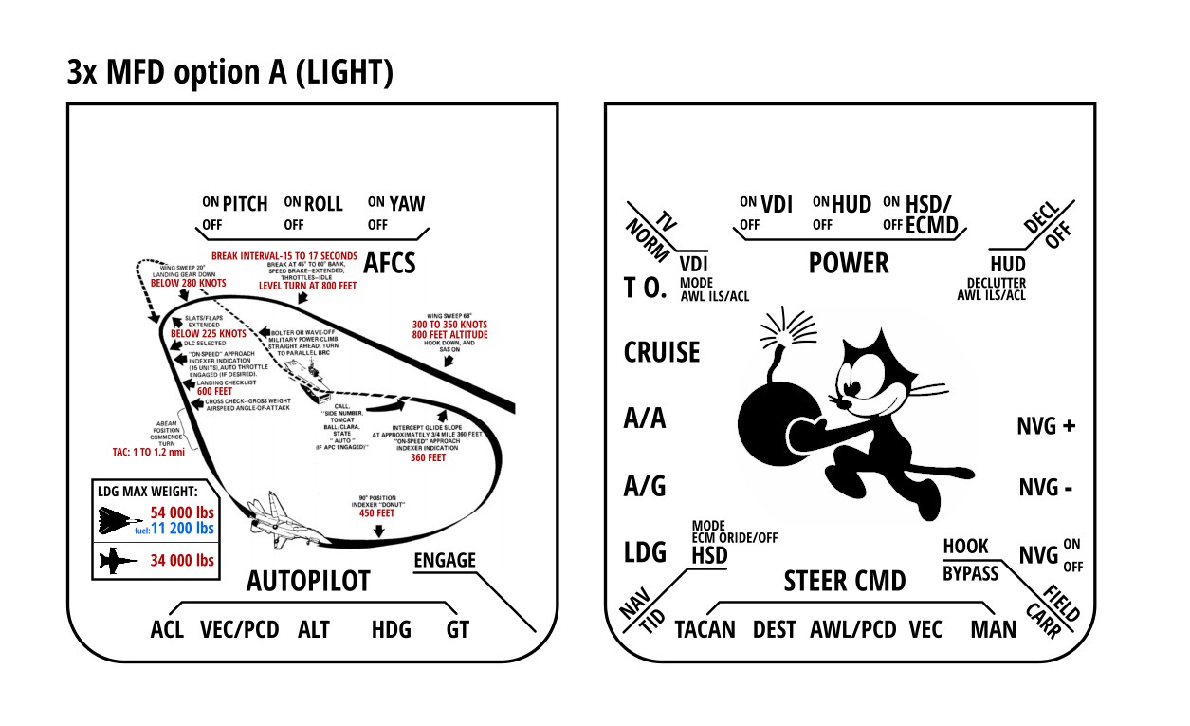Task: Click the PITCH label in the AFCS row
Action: [x=245, y=203]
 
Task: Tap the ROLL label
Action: [x=323, y=203]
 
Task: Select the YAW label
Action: [x=408, y=203]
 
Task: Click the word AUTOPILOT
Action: [x=308, y=581]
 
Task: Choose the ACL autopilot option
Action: [x=167, y=629]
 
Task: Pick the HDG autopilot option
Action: [x=391, y=629]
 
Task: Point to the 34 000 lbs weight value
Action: [x=182, y=560]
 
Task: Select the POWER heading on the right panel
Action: [x=849, y=263]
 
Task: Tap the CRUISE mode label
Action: [x=662, y=352]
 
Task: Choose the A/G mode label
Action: [x=645, y=487]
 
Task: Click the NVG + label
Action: [x=1046, y=426]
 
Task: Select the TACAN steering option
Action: [x=705, y=629]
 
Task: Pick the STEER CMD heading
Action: [x=845, y=581]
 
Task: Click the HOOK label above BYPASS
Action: [x=965, y=547]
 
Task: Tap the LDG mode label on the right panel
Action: [x=645, y=553]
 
